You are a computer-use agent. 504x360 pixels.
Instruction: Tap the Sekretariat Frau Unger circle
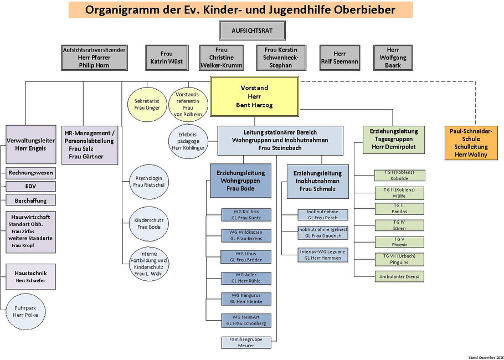point(147,104)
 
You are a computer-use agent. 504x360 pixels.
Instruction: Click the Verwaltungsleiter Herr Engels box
point(30,144)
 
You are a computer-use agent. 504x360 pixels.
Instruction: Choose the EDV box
point(31,187)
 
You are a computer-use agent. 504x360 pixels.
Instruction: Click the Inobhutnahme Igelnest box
point(323,233)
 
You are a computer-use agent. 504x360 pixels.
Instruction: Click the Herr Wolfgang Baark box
point(393,58)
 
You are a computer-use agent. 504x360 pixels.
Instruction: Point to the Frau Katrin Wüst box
point(166,58)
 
